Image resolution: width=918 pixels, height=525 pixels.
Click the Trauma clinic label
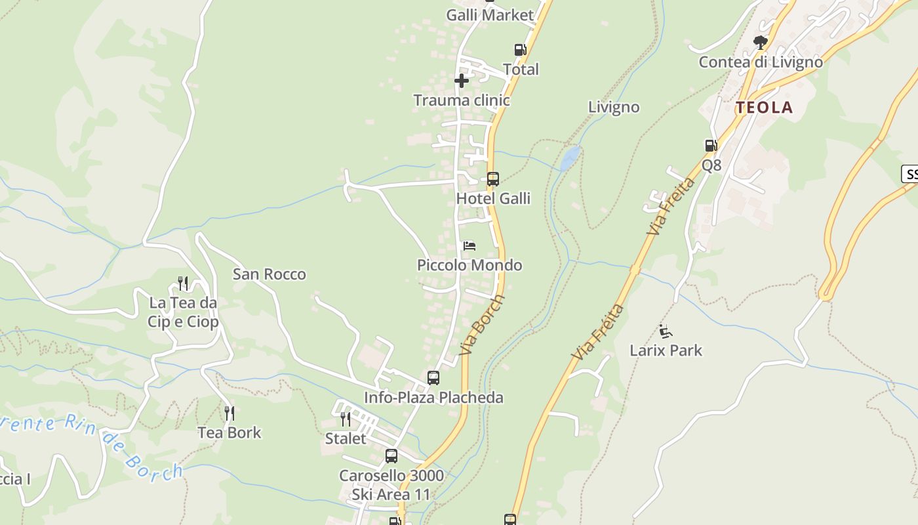(x=461, y=100)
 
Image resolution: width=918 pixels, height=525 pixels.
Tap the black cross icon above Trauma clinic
(x=462, y=81)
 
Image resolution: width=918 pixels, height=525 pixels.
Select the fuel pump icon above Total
(x=520, y=50)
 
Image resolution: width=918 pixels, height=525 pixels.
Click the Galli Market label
(x=490, y=15)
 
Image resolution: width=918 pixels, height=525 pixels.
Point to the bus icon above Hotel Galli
(x=492, y=178)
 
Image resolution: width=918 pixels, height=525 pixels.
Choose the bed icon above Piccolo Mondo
(x=469, y=246)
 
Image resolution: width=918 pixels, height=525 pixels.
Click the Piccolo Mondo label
(x=469, y=265)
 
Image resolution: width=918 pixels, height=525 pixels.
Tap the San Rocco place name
(x=269, y=274)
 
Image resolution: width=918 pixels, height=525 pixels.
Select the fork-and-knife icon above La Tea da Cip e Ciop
(x=183, y=283)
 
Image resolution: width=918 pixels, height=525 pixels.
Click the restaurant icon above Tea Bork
(x=229, y=413)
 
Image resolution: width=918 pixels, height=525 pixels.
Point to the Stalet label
(x=346, y=438)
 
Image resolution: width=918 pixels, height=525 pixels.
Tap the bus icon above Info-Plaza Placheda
(x=433, y=378)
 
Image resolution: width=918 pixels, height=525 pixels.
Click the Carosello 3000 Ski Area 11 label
(x=391, y=484)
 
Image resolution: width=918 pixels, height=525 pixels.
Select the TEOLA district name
(x=764, y=108)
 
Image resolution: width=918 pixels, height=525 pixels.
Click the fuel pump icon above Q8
(x=711, y=146)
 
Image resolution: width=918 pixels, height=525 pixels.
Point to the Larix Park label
(x=666, y=350)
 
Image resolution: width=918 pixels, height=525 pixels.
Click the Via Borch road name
(x=482, y=325)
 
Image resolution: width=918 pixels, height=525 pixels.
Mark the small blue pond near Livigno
(x=569, y=157)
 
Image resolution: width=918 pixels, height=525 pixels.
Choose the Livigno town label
(x=613, y=107)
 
